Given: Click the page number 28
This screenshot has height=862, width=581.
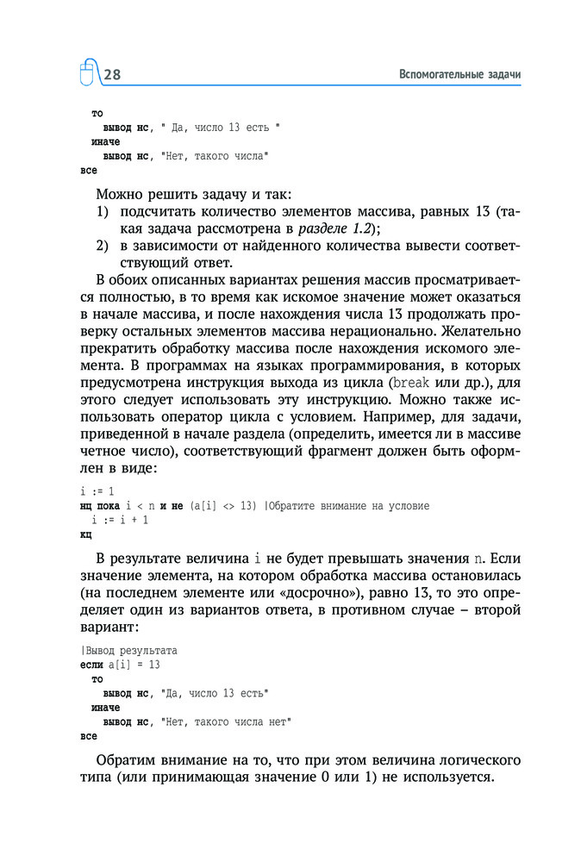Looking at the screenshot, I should point(112,75).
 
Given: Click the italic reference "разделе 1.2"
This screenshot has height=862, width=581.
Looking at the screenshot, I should point(332,228).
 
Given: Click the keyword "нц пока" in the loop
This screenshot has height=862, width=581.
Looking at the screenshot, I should point(99,506).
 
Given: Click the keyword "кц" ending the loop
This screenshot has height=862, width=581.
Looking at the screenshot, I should point(85,534).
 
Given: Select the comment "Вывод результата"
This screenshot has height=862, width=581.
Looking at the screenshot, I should point(131,651).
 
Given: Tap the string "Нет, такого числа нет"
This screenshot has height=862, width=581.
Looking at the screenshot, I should point(226,721).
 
